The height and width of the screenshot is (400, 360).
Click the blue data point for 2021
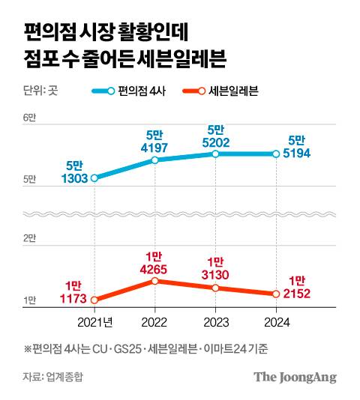[94, 178]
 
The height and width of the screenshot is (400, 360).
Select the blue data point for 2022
[154, 160]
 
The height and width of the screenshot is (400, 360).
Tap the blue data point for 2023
[215, 154]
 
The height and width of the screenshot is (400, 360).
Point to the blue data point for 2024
[276, 154]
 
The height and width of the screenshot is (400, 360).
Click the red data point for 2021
[94, 300]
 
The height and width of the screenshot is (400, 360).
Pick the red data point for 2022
[154, 281]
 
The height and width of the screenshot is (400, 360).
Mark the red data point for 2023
[215, 288]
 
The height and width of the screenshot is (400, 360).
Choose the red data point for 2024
[276, 294]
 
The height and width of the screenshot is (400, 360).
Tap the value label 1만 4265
[154, 263]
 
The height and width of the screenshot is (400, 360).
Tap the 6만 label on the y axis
[30, 118]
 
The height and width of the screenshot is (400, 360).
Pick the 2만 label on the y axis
[30, 238]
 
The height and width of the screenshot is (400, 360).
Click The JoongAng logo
[294, 376]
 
